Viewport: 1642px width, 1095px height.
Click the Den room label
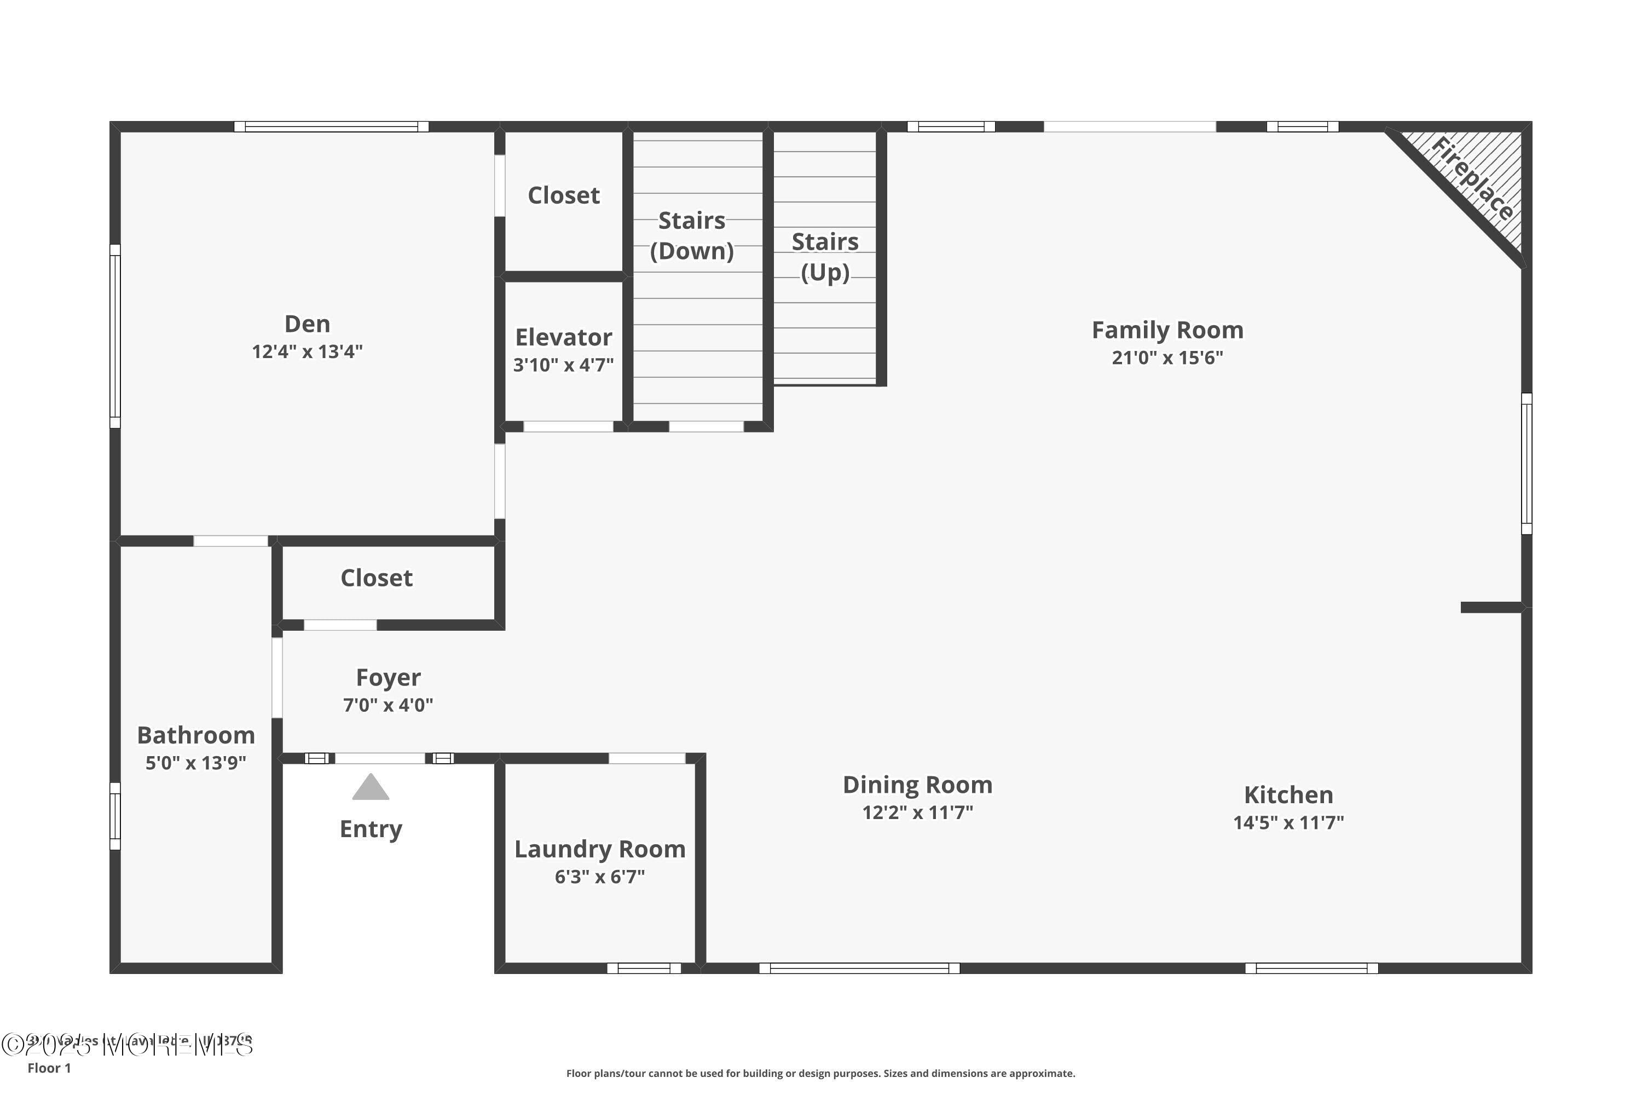[x=307, y=324]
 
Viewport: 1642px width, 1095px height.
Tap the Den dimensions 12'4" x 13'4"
[x=307, y=351]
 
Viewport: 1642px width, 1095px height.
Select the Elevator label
[x=563, y=337]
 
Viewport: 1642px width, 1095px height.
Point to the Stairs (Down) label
[x=692, y=235]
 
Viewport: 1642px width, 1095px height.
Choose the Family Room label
[x=1167, y=330]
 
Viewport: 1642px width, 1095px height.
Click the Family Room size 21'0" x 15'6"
[x=1167, y=358]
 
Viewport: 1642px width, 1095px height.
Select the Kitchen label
[x=1288, y=795]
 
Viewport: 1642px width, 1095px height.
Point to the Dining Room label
[x=917, y=785]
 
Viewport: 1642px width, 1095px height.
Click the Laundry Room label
[x=600, y=849]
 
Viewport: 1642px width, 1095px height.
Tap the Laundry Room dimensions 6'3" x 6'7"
[x=600, y=877]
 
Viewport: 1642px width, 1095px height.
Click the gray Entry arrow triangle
[x=371, y=788]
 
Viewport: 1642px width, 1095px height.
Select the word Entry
[x=371, y=829]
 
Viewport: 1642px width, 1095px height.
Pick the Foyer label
[x=388, y=677]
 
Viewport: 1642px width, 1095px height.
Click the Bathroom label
[x=195, y=735]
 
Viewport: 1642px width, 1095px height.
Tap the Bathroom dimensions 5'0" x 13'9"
[x=195, y=763]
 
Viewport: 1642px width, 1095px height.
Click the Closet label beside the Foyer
[x=377, y=578]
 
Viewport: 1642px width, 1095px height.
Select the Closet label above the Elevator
[x=563, y=195]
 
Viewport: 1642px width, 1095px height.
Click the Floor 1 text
[x=49, y=1068]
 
